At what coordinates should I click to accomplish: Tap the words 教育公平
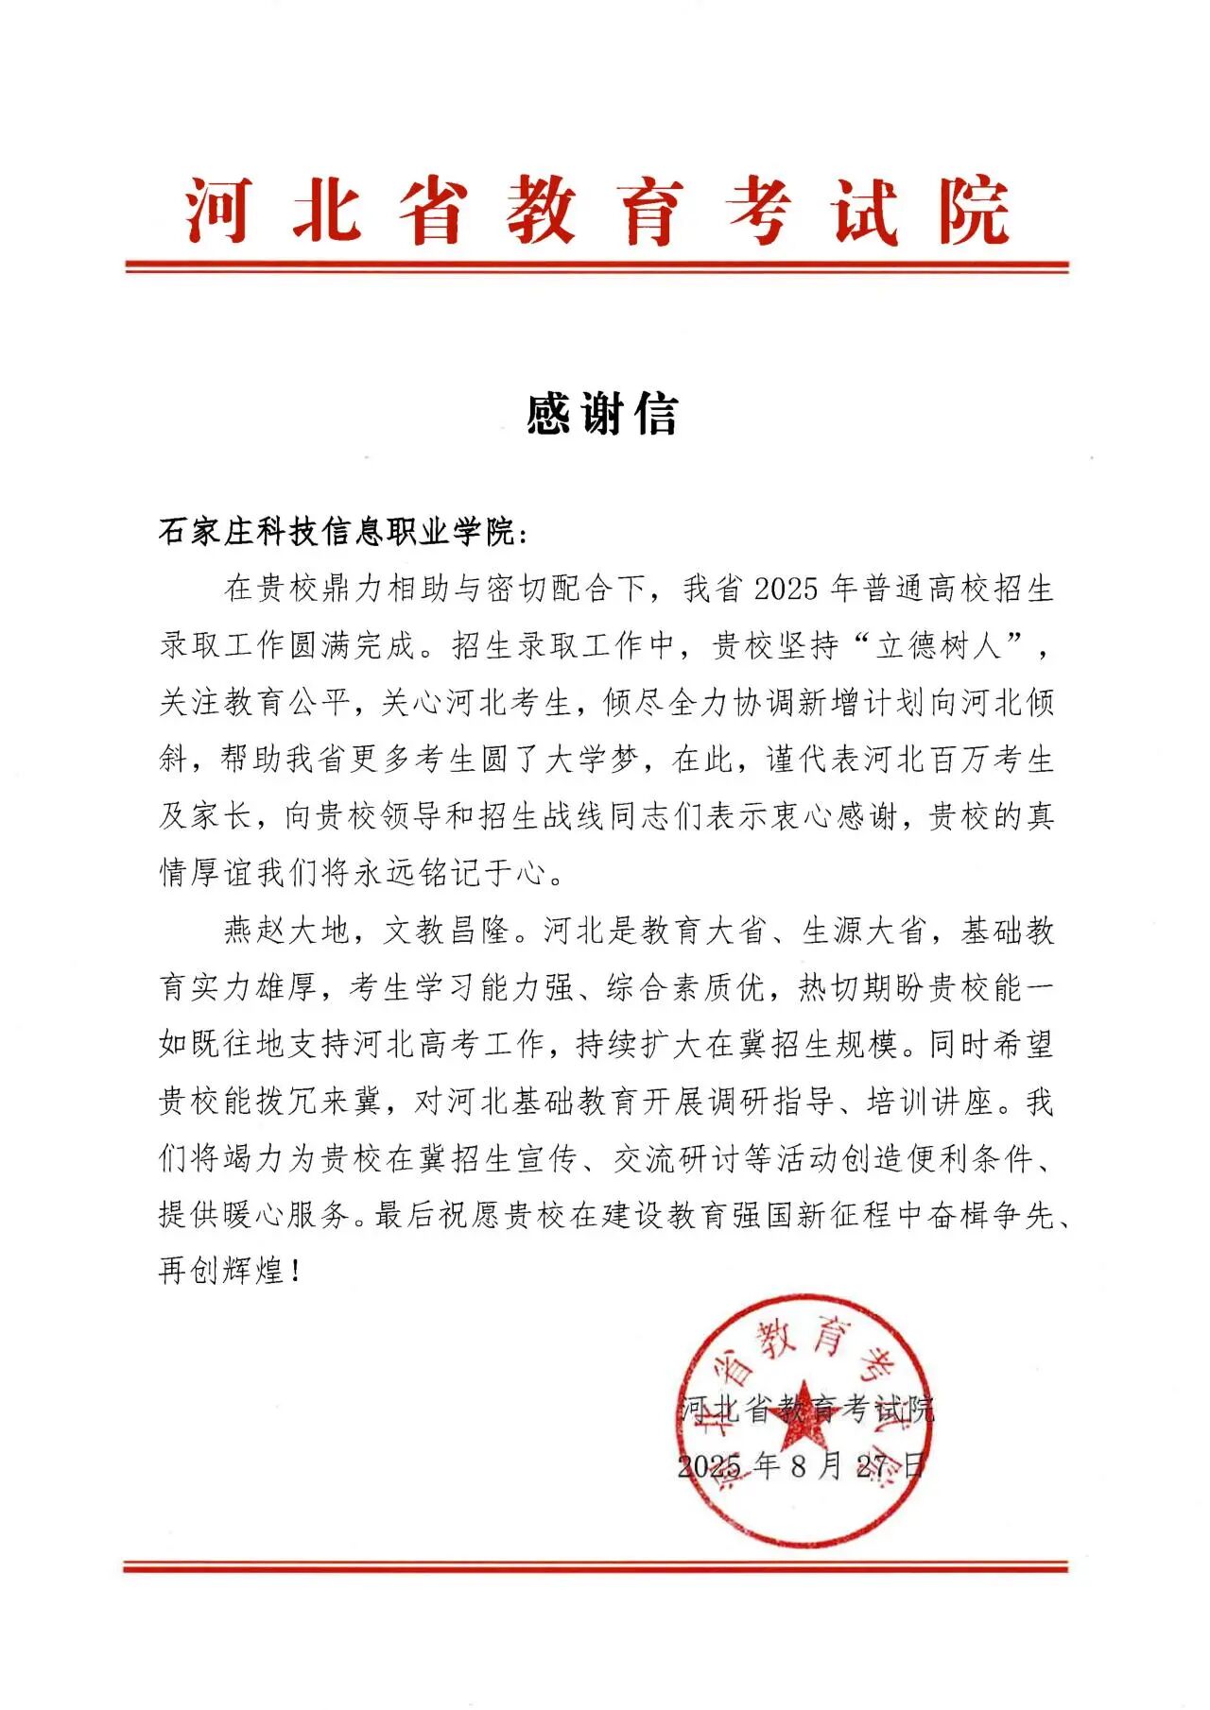pyautogui.click(x=287, y=703)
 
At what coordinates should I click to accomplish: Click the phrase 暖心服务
pyautogui.click(x=287, y=1215)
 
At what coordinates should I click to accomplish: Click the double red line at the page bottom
pyautogui.click(x=596, y=1567)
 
